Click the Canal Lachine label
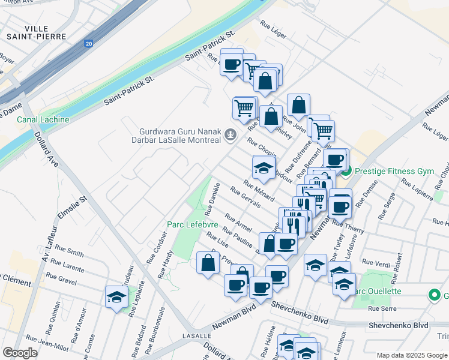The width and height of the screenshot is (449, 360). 43,119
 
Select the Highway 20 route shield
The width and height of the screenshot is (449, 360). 89,43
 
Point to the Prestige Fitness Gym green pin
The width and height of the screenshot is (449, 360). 346,170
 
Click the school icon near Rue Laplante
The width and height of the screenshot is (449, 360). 116,296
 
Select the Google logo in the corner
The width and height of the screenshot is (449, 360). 20,353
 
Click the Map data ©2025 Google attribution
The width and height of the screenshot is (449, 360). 411,355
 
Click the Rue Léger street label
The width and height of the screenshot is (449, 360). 273,28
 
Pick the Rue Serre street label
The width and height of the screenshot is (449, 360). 382,308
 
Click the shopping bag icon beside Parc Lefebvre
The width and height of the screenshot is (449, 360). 208,263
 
